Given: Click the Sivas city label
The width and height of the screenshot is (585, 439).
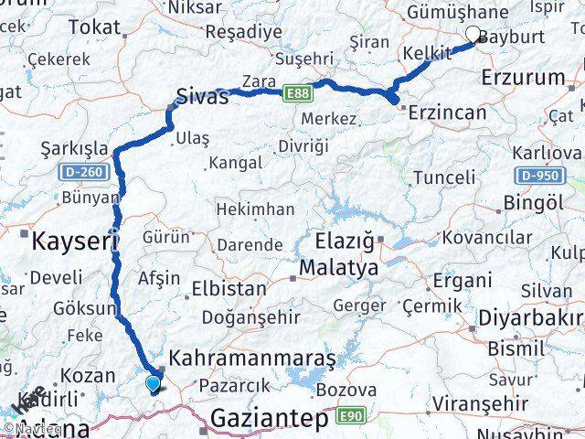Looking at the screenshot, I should pos(201,96).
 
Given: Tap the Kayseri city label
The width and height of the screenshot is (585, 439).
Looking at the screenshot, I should pos(75,242).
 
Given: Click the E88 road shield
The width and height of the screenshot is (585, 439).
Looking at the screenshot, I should pos(295,92).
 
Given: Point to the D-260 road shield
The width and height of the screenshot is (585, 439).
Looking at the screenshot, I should pos(81,170).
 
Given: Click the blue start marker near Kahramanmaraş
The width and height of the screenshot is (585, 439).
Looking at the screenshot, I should pos(152,384).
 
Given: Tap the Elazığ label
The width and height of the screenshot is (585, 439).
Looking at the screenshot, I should pos(341,242).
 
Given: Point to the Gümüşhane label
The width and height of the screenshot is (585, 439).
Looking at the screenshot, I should pos(457,12).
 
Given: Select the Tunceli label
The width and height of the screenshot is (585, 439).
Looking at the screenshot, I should pos(443,177).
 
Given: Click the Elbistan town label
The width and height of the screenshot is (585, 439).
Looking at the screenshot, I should pos(229,288).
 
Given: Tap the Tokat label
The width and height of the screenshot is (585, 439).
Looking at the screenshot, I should pos(94,27).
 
